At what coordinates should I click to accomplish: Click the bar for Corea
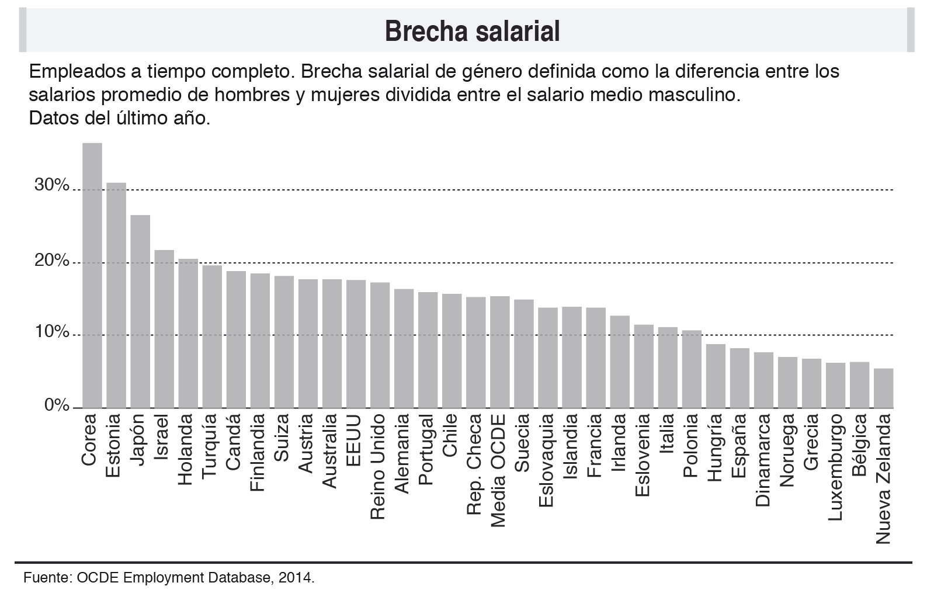click(92, 275)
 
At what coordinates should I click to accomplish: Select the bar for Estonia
click(116, 295)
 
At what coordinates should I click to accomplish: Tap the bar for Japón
click(140, 311)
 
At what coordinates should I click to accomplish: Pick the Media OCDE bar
click(499, 352)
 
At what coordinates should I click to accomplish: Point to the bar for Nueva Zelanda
click(883, 388)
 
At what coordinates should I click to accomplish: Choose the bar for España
click(739, 378)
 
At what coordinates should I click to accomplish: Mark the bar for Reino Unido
click(380, 345)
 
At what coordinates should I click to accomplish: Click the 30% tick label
click(52, 185)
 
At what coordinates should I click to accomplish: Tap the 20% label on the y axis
click(52, 260)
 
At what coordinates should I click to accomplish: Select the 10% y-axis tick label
click(52, 332)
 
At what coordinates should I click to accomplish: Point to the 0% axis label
click(57, 405)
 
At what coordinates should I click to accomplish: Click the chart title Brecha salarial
click(472, 31)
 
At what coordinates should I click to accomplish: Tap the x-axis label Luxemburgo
click(836, 467)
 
